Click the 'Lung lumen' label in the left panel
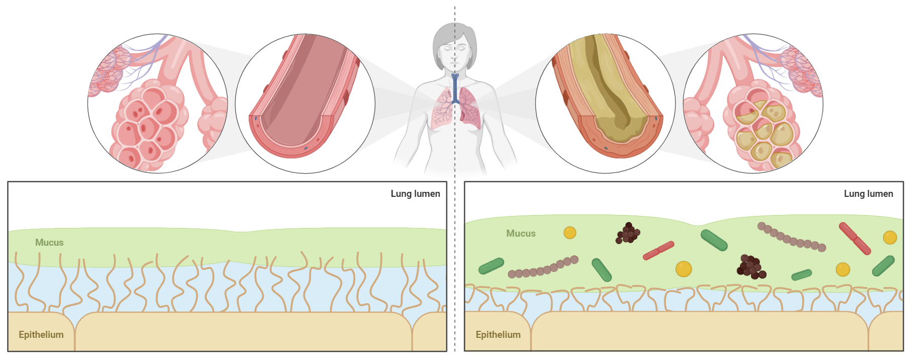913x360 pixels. pyautogui.click(x=415, y=194)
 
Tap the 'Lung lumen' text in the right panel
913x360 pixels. pyautogui.click(x=868, y=194)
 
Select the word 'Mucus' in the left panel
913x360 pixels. pyautogui.click(x=49, y=243)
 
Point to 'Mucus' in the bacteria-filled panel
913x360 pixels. pyautogui.click(x=520, y=234)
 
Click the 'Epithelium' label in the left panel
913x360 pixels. pyautogui.click(x=41, y=335)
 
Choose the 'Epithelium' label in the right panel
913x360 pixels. pyautogui.click(x=498, y=335)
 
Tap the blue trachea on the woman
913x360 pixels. pyautogui.click(x=455, y=88)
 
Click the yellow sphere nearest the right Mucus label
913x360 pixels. pyautogui.click(x=570, y=233)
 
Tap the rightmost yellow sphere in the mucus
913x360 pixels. pyautogui.click(x=890, y=237)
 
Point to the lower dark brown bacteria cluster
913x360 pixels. pyautogui.click(x=750, y=267)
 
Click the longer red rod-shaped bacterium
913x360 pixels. pyautogui.click(x=854, y=238)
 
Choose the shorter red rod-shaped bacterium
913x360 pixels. pyautogui.click(x=658, y=250)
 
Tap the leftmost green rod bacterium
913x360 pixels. pyautogui.click(x=491, y=266)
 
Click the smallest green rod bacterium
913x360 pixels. pyautogui.click(x=801, y=275)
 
